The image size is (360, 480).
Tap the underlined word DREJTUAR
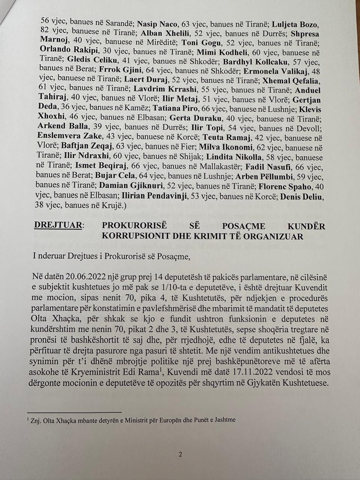coord(58,226)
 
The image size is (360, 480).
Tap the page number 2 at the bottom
coord(180,454)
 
